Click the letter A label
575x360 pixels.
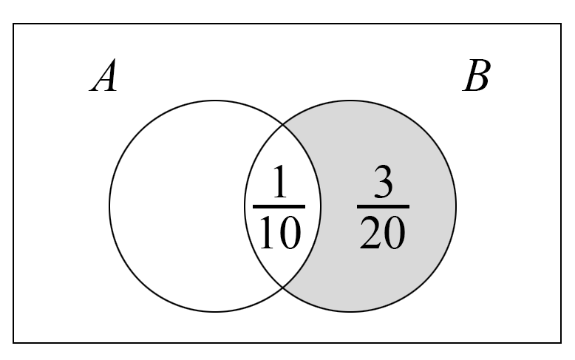click(103, 75)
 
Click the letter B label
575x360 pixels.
click(477, 76)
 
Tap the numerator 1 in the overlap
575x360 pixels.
click(280, 181)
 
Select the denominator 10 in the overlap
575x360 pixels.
click(280, 232)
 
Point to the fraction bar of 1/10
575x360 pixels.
click(279, 207)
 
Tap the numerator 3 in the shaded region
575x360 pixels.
click(384, 181)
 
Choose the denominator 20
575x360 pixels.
click(383, 232)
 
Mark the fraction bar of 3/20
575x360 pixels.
click(384, 207)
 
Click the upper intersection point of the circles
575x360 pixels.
click(283, 125)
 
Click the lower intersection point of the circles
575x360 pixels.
click(283, 288)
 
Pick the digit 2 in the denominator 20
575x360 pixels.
click(371, 232)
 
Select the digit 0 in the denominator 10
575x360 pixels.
click(290, 233)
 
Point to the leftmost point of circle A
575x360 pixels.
click(109, 206)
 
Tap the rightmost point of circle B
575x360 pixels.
click(456, 206)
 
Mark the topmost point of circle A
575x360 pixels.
click(215, 101)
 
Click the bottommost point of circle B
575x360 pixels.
click(350, 312)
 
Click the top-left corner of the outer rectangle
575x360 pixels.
click(13, 24)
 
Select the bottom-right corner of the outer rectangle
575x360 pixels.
click(561, 343)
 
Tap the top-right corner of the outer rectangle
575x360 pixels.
click(561, 24)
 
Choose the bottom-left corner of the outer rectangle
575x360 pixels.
click(13, 343)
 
